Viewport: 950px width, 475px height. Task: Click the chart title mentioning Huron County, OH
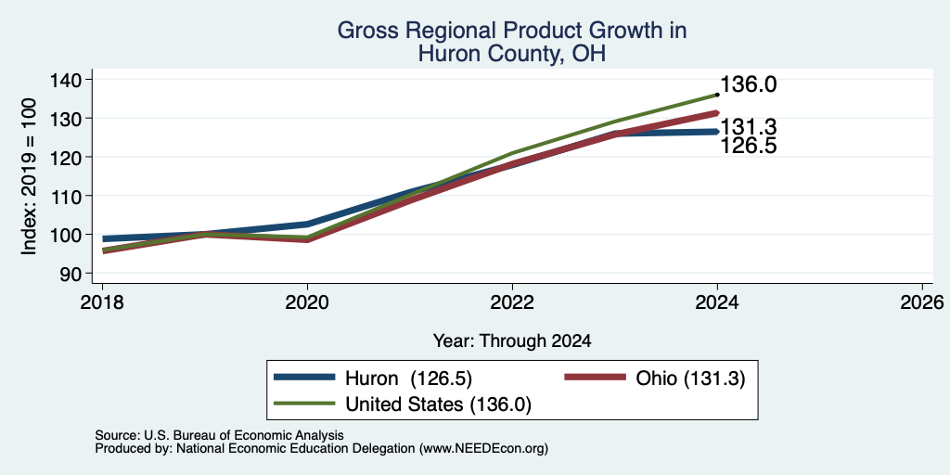(x=512, y=42)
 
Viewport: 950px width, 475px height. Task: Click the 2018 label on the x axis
(x=102, y=302)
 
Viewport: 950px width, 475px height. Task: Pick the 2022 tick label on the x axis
(x=512, y=302)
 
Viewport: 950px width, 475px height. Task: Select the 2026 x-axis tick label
(x=922, y=302)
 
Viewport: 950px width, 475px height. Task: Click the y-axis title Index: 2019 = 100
(x=30, y=176)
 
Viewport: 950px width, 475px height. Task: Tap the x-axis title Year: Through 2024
(x=512, y=341)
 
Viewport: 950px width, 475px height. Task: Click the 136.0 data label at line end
(x=749, y=84)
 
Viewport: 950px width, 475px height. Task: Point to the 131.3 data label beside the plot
(x=749, y=127)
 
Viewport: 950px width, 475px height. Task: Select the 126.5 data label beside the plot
(x=749, y=146)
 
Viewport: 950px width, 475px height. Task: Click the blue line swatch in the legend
(x=304, y=378)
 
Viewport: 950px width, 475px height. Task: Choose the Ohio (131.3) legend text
(x=690, y=379)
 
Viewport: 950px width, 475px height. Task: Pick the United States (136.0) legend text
(x=438, y=404)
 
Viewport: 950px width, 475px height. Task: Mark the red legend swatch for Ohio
(x=595, y=378)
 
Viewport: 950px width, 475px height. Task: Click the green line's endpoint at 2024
(x=717, y=95)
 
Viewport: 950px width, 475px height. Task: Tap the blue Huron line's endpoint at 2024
(x=717, y=132)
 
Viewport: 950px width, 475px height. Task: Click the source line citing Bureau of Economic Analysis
(x=219, y=435)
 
